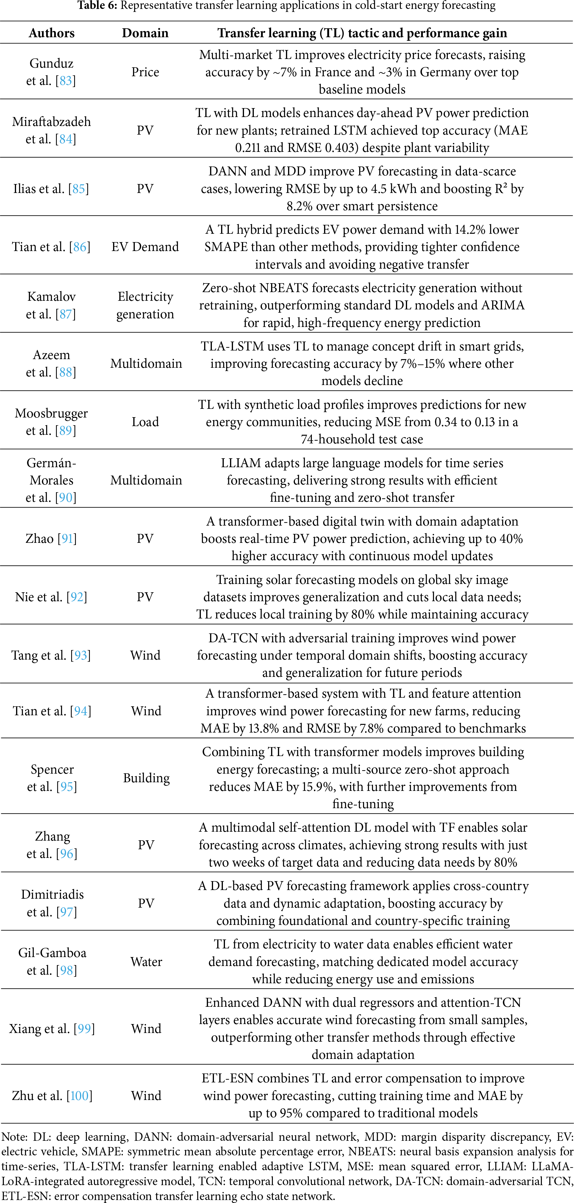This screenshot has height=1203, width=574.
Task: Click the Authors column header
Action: coord(51,33)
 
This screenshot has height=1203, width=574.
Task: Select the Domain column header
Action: coord(145,33)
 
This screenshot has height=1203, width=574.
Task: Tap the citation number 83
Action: coord(65,81)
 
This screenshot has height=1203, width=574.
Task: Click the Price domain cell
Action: coord(145,72)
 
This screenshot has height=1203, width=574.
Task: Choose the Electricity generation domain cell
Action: coord(145,306)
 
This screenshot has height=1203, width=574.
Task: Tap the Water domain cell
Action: coord(146,962)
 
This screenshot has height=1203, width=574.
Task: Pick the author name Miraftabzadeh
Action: coord(51,121)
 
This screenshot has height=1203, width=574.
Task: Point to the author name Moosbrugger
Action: coord(51,413)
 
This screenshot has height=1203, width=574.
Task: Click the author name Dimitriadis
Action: coord(52,894)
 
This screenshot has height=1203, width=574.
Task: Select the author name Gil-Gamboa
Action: coord(52,953)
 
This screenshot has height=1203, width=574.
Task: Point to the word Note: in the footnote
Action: coord(13,1137)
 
